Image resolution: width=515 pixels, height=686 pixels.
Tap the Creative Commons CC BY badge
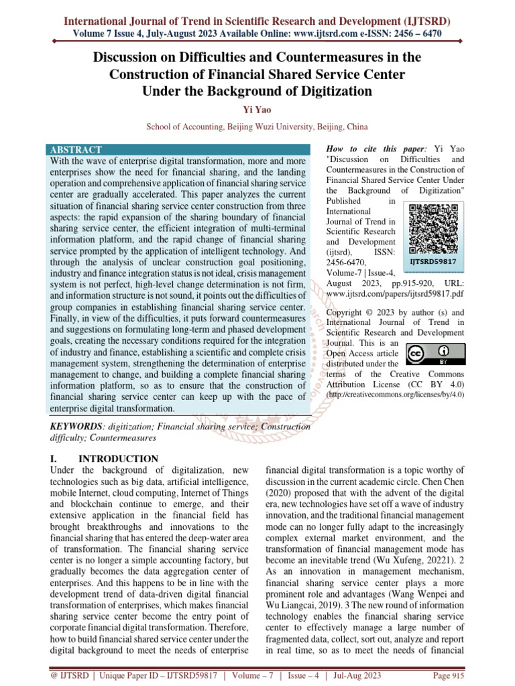point(433,354)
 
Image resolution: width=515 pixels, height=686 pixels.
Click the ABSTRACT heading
point(76,150)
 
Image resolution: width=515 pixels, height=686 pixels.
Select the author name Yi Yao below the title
point(257,109)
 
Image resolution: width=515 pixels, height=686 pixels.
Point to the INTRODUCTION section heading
point(119,459)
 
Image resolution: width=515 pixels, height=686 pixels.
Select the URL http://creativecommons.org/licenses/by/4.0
point(394,395)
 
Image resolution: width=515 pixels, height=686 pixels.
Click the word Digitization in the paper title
point(316,90)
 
